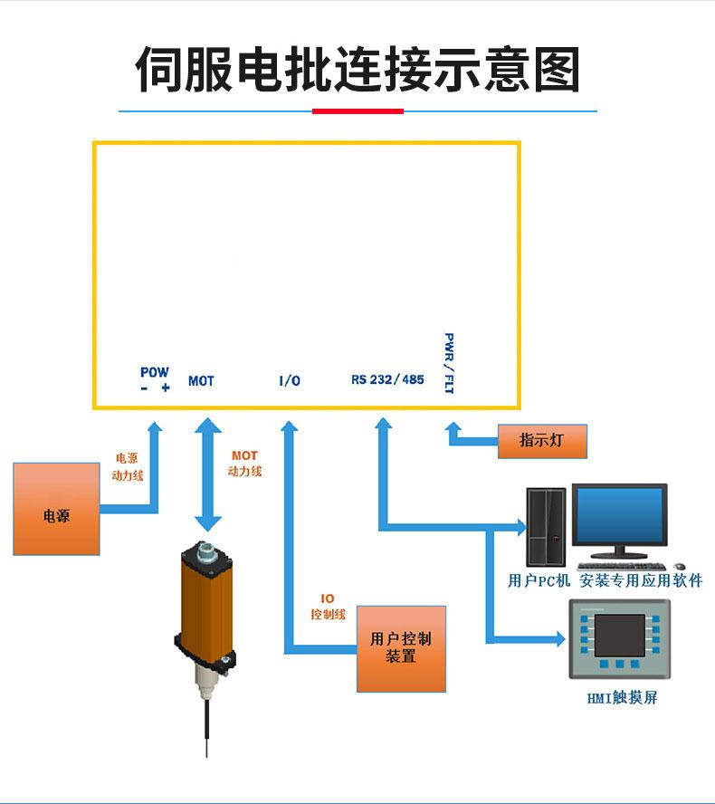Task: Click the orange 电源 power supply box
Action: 56,509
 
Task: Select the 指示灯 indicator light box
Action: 541,441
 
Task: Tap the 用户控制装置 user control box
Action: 401,647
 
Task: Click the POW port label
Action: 155,372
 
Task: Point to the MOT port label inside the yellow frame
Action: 201,381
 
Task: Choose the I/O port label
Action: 289,381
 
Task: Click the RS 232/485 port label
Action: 387,379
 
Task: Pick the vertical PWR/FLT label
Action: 449,363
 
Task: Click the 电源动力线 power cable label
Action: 128,465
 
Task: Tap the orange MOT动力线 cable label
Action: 244,464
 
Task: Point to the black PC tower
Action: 547,528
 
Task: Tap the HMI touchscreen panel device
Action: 619,637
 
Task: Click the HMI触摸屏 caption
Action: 621,698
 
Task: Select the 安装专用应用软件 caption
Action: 641,580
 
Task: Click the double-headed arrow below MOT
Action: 208,474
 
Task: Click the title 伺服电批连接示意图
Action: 357,70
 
